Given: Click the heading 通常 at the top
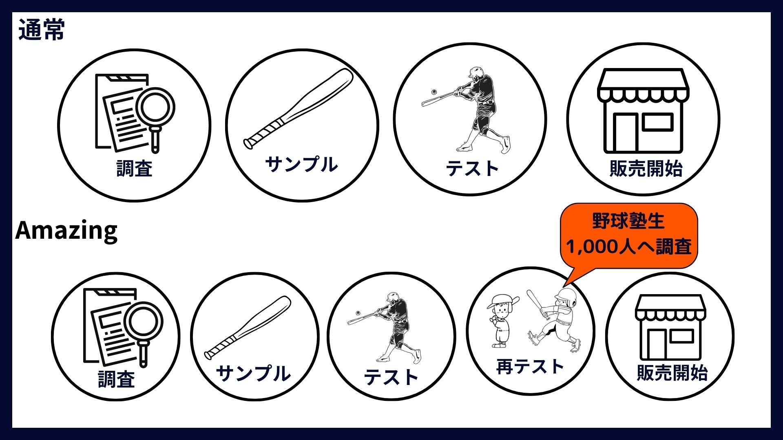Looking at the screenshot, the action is tap(41, 30).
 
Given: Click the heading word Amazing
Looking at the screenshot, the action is tap(66, 231).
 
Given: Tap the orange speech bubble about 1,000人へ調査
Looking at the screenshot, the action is tap(629, 236).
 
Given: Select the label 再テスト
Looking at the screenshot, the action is tap(530, 367).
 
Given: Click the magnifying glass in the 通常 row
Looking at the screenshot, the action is tap(155, 116).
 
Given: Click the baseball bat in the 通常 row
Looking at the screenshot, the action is tap(298, 108).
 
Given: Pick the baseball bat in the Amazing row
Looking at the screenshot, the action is tap(248, 328).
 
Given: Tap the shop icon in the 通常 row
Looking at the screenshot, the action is tap(643, 111).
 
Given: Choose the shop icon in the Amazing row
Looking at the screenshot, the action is tap(670, 328).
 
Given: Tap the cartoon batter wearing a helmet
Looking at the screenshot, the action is tap(554, 320).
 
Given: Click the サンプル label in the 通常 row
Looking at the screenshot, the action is tap(301, 164).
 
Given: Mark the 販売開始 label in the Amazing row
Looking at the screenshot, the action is tap(672, 372).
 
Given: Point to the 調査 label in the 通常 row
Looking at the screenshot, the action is tap(134, 168).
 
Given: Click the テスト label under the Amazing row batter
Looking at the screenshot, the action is tap(391, 377).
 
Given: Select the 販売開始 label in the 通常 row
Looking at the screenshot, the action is tap(646, 168).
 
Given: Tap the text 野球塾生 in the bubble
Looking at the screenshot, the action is tap(628, 220).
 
